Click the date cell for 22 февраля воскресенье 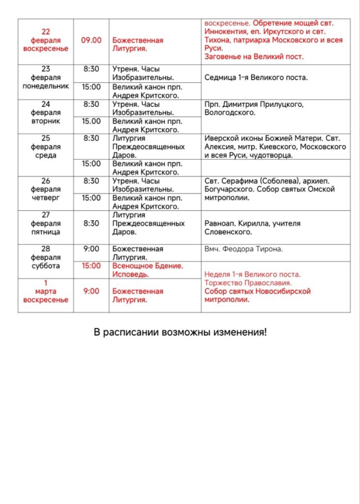click(45, 40)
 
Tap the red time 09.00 click(91, 40)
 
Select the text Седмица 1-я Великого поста click(256, 78)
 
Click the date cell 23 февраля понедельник click(46, 78)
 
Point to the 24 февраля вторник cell click(46, 112)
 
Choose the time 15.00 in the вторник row click(91, 121)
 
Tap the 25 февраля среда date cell click(46, 147)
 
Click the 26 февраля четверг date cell click(46, 189)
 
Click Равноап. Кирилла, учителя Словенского click(252, 227)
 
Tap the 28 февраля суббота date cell click(46, 257)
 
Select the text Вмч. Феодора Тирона click(243, 249)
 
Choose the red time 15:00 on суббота click(91, 266)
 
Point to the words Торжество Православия click(248, 283)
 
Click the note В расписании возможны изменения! click(180, 332)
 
